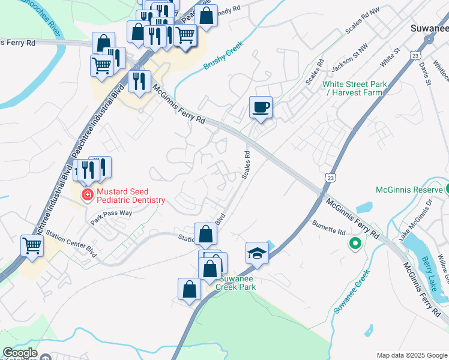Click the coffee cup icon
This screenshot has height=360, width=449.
tap(261, 108)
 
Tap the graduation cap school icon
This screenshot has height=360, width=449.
tap(257, 253)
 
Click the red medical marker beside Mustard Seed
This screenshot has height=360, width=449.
tap(88, 194)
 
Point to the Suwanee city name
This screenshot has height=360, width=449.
tap(429, 28)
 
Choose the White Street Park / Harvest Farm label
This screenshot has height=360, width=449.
tap(354, 88)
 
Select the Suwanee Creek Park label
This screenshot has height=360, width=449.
tap(237, 283)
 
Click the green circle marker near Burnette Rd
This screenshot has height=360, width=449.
tap(355, 244)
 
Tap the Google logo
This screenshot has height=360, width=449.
tap(20, 353)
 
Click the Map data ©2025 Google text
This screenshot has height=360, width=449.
tap(411, 355)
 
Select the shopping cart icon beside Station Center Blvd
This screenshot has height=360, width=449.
tap(32, 245)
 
